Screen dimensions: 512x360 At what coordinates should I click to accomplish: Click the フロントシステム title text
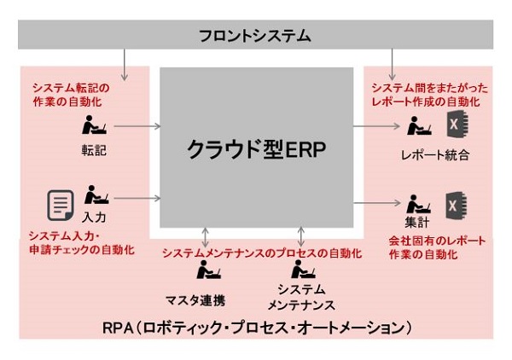[x=254, y=35]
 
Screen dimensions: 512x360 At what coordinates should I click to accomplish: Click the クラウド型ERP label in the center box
[x=256, y=149]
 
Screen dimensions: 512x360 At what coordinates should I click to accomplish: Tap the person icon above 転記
[x=94, y=125]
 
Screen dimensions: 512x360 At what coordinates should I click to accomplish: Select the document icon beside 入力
[x=61, y=206]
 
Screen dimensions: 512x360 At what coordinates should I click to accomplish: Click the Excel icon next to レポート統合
[x=457, y=124]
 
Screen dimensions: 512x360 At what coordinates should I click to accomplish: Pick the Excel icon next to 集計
[x=457, y=206]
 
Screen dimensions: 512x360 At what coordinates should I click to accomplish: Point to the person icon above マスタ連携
[x=209, y=270]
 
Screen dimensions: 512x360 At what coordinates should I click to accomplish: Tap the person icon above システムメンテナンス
[x=303, y=269]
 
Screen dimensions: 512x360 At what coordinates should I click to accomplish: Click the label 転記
[x=94, y=150]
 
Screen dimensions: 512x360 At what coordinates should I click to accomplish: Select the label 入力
[x=94, y=218]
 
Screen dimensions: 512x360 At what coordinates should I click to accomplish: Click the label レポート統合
[x=435, y=154]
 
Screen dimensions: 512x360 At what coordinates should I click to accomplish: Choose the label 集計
[x=417, y=223]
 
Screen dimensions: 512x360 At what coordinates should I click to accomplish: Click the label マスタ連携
[x=195, y=300]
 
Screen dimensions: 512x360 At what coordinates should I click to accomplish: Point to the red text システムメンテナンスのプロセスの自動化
[x=262, y=253]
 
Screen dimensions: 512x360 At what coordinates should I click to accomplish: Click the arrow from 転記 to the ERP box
[x=137, y=126]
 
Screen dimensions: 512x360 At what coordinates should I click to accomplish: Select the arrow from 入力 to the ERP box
[x=137, y=198]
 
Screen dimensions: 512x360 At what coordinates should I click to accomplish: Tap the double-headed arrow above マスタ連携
[x=205, y=237]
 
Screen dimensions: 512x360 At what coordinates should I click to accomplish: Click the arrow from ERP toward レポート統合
[x=376, y=126]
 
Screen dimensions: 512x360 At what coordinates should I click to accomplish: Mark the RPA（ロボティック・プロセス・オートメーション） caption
[x=257, y=328]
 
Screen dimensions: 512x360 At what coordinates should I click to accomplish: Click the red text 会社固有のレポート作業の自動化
[x=437, y=247]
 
